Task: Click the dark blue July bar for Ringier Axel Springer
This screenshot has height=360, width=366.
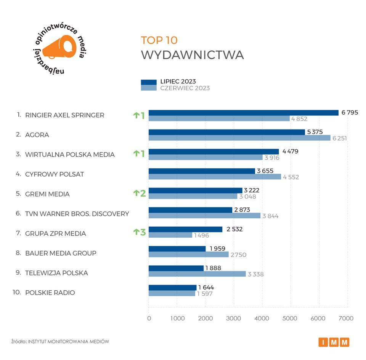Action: tap(243, 113)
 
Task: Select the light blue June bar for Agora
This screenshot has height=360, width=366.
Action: tap(239, 138)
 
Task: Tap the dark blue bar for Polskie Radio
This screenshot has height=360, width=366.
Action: tap(172, 288)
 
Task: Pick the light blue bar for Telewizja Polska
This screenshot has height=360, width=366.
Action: tap(197, 274)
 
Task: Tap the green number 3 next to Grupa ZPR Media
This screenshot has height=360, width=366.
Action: tap(143, 232)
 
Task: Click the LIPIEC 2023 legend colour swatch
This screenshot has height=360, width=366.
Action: tap(149, 82)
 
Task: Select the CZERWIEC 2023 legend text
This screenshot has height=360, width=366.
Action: tap(185, 88)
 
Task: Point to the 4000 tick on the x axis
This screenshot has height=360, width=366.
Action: tap(262, 318)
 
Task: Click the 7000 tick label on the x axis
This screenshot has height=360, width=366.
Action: tap(347, 318)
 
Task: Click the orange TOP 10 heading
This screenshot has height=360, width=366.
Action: tap(159, 40)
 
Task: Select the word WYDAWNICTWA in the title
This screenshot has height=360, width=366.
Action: tap(192, 55)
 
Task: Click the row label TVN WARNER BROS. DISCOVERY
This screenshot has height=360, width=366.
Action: tap(77, 214)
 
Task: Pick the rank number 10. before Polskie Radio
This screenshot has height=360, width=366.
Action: tap(17, 292)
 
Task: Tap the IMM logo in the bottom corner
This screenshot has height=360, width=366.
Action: tap(334, 342)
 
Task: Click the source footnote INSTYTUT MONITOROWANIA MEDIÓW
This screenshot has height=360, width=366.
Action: tap(68, 341)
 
